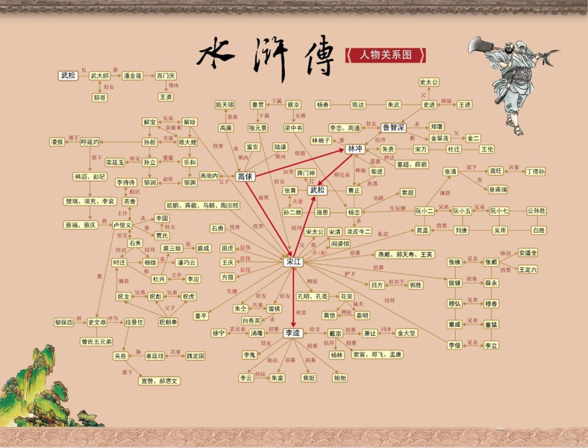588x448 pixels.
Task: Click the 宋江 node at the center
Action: click(293, 262)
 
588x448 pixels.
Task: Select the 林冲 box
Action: click(355, 149)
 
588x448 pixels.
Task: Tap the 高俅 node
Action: click(245, 176)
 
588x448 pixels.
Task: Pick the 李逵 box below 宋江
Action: click(293, 333)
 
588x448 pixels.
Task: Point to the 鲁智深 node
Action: click(393, 127)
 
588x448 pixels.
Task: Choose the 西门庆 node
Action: click(166, 76)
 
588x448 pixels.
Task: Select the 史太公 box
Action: click(429, 82)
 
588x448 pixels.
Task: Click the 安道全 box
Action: click(528, 253)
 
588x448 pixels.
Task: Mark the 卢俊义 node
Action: click(122, 224)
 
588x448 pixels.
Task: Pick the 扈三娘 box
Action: click(171, 248)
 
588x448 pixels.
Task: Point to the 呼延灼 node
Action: click(90, 142)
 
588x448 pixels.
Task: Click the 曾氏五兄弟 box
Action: click(97, 342)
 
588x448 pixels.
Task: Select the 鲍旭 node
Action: click(340, 378)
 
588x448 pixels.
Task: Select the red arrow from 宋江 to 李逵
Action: click(293, 297)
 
